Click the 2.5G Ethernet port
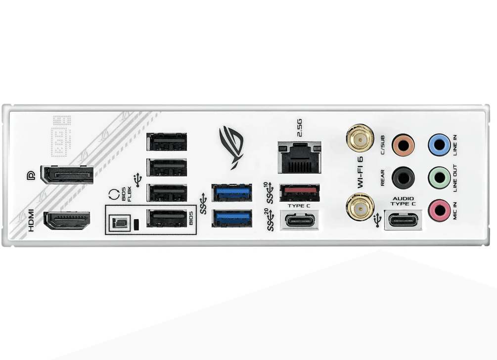pyautogui.click(x=299, y=157)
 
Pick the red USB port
pyautogui.click(x=299, y=193)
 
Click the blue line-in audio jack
pyautogui.click(x=439, y=145)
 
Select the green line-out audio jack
pyautogui.click(x=439, y=176)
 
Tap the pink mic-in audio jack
pyautogui.click(x=439, y=209)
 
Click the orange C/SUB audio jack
pyautogui.click(x=403, y=145)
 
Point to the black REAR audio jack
pyautogui.click(x=403, y=176)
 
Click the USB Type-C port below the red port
pyautogui.click(x=299, y=220)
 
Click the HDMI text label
pyautogui.click(x=31, y=221)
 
